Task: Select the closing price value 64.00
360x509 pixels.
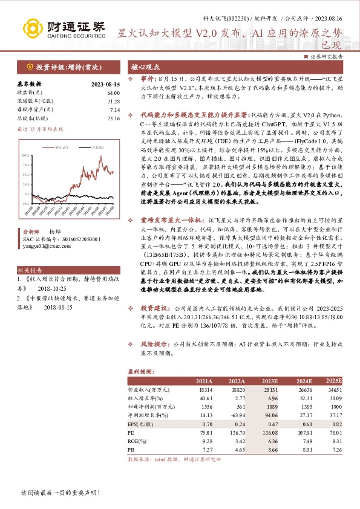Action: [x=114, y=92]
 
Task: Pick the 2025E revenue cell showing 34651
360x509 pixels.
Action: [x=333, y=390]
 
